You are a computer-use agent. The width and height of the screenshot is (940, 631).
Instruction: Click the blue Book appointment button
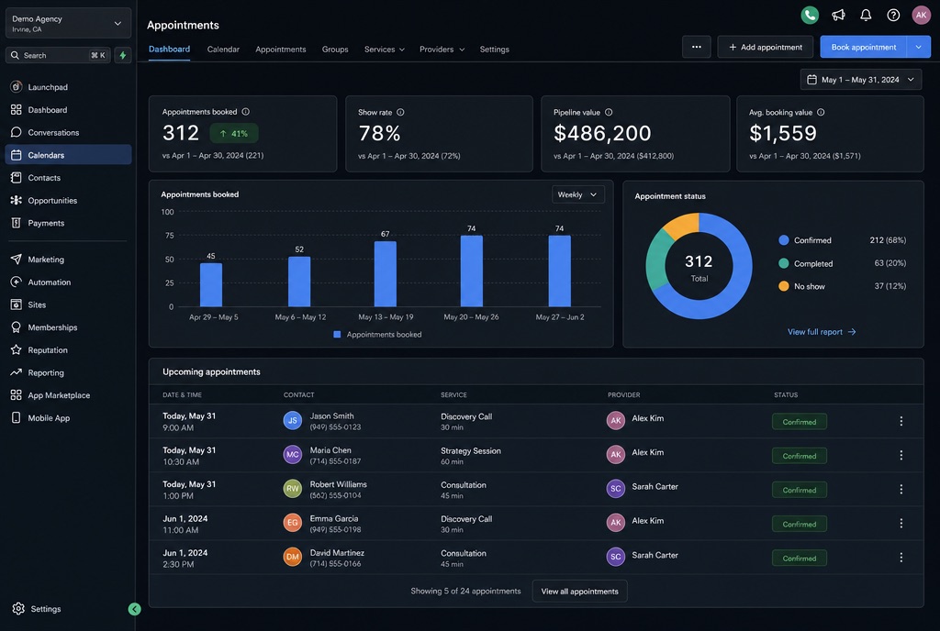[x=863, y=48]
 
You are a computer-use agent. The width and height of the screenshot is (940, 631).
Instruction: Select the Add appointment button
[x=765, y=48]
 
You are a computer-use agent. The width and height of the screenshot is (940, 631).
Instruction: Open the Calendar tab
[x=223, y=50]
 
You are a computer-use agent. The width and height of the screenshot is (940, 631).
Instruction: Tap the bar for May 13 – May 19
[x=385, y=273]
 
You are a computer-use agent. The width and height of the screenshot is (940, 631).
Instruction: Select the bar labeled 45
[x=211, y=284]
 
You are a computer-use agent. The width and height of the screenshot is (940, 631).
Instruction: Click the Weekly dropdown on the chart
[x=578, y=194]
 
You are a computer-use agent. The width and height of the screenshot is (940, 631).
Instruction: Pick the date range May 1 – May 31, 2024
[x=861, y=80]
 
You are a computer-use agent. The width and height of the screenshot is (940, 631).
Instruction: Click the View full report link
[x=822, y=332]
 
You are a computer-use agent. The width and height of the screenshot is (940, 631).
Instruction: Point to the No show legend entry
[x=801, y=286]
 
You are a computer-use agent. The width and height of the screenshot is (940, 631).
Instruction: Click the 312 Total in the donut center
[x=699, y=268]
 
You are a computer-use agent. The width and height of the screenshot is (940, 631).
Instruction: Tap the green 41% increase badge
[x=234, y=134]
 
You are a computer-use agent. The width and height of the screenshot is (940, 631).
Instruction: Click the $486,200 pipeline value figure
[x=602, y=133]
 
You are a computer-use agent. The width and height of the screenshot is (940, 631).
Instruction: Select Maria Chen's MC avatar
[x=293, y=454]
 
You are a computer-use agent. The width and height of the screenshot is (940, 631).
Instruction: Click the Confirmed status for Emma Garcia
[x=800, y=524]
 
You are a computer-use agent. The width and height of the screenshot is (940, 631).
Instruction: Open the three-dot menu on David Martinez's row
[x=901, y=558]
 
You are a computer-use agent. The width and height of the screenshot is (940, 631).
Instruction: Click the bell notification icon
[x=866, y=15]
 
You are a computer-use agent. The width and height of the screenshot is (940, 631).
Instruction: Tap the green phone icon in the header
[x=810, y=15]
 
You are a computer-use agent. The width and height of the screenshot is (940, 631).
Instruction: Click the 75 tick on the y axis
[x=170, y=236]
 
